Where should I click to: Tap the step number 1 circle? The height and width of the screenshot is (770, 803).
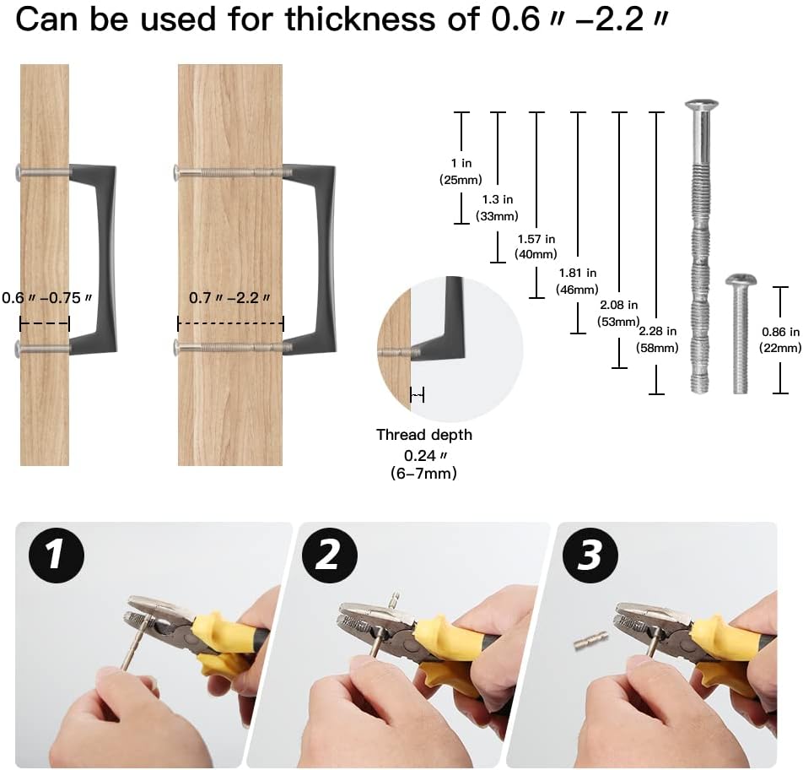click(x=57, y=556)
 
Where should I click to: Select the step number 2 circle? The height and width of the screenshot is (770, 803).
click(x=329, y=556)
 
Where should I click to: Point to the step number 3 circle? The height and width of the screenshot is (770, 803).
click(x=590, y=556)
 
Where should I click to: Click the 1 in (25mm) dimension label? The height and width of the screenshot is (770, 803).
click(x=461, y=171)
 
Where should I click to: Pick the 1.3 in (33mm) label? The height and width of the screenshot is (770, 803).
click(x=498, y=208)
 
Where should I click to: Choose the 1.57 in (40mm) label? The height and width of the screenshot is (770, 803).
click(x=536, y=246)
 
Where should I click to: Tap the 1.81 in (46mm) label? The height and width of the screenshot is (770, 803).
click(x=577, y=281)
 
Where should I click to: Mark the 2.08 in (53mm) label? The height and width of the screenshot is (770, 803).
click(x=618, y=313)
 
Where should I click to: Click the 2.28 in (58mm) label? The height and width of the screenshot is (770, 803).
click(x=658, y=339)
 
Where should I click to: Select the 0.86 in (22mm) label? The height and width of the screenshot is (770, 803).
click(x=780, y=340)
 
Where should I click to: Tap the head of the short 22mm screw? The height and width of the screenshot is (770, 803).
click(x=741, y=279)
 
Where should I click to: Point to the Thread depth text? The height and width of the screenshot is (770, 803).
click(x=424, y=435)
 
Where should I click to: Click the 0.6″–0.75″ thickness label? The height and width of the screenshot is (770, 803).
click(x=46, y=298)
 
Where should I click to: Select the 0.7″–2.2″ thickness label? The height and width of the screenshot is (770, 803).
click(x=229, y=298)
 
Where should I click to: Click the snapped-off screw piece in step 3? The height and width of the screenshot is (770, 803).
click(x=590, y=642)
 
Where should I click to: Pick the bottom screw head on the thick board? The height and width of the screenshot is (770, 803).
click(x=176, y=348)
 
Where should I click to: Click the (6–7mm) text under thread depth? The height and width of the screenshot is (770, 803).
click(x=423, y=473)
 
